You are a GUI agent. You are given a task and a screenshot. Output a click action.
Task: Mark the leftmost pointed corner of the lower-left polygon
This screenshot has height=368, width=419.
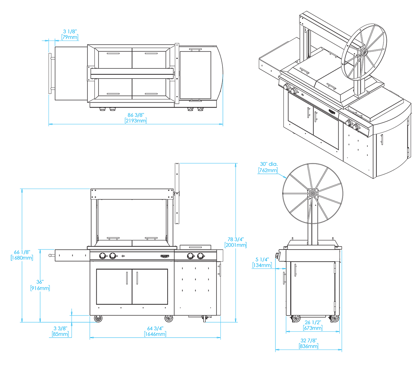click(46, 255)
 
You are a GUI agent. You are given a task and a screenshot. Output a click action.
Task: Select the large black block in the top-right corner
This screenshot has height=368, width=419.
click(332, 105)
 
